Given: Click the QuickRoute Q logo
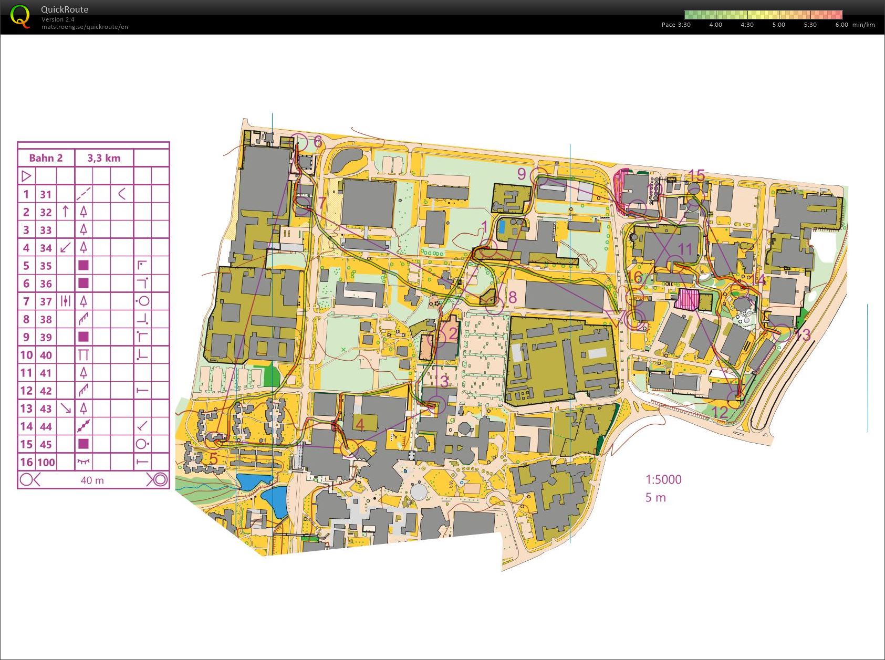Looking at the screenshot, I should click(20, 16).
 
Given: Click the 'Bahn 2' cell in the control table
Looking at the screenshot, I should click(46, 158).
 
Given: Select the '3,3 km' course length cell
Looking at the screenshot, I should click(104, 158).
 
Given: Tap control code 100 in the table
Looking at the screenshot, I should click(46, 463).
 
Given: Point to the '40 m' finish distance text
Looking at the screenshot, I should click(92, 480).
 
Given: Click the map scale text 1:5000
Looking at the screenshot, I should click(663, 479).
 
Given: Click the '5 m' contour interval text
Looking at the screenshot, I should click(655, 498).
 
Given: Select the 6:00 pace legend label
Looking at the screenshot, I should click(841, 25).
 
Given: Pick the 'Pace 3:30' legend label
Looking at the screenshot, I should click(676, 25).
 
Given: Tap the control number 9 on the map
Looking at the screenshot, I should click(521, 174).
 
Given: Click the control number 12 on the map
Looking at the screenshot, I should click(720, 412).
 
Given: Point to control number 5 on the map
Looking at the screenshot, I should click(213, 458).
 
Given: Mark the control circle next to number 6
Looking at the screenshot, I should click(298, 141).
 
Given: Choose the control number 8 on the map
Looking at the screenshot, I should click(512, 298).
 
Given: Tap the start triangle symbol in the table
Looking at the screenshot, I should click(26, 176).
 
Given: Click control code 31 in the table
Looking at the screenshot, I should click(46, 194).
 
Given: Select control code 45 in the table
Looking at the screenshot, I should click(46, 445).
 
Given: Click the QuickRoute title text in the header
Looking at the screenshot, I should click(65, 9).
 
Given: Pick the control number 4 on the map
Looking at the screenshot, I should click(360, 424).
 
